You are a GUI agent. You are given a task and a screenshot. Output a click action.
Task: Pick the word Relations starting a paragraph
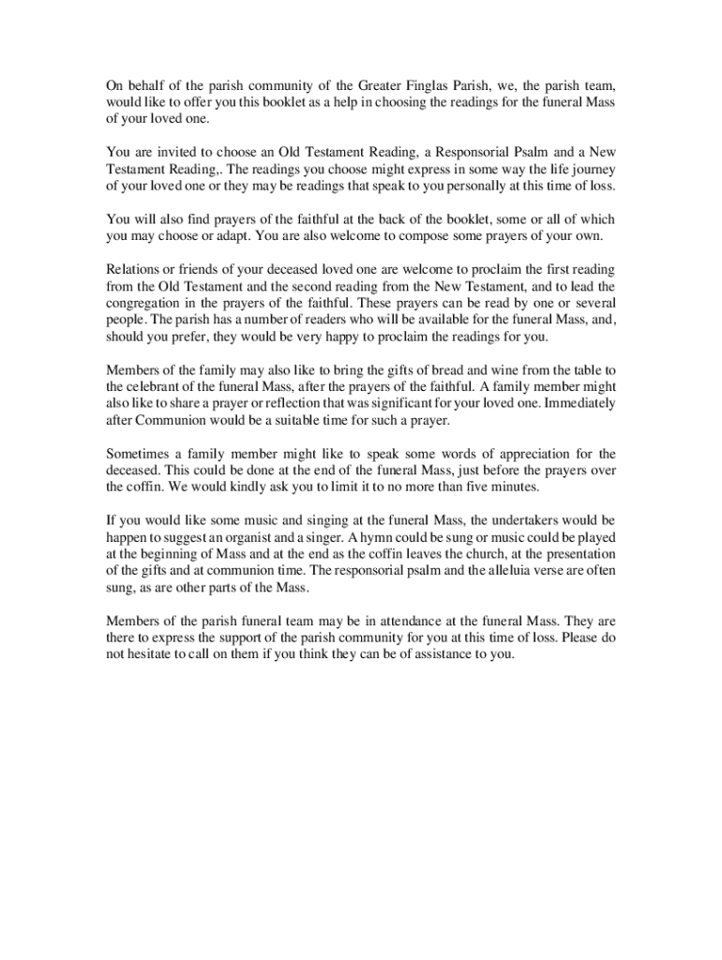coord(136,270)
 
